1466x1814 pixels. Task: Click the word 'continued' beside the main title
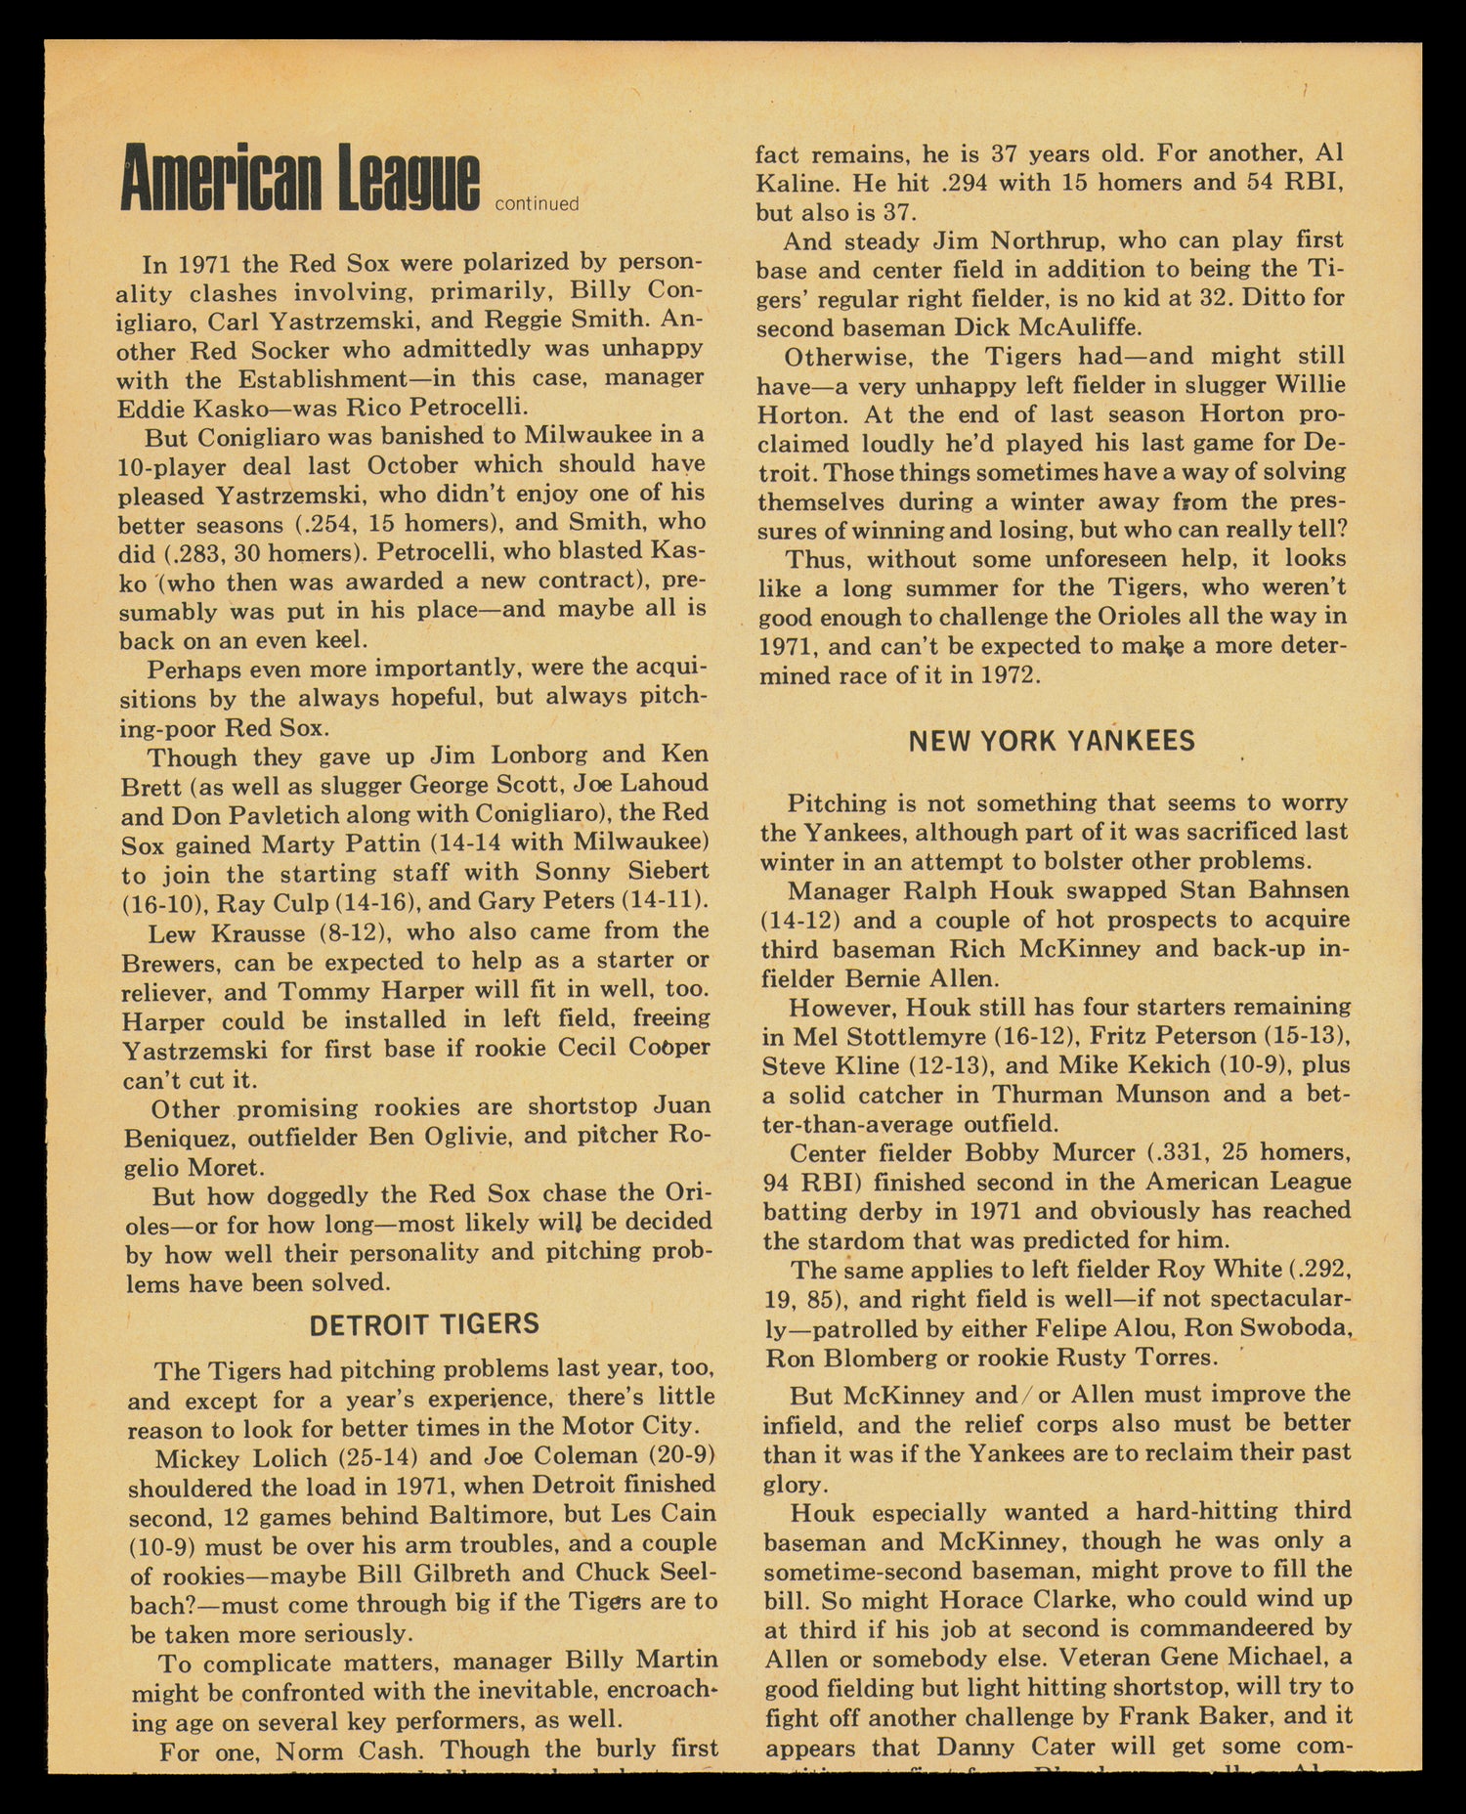(537, 204)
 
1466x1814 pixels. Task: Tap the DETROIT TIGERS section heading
(424, 1324)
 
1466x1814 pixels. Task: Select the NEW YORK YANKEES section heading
(1052, 741)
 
